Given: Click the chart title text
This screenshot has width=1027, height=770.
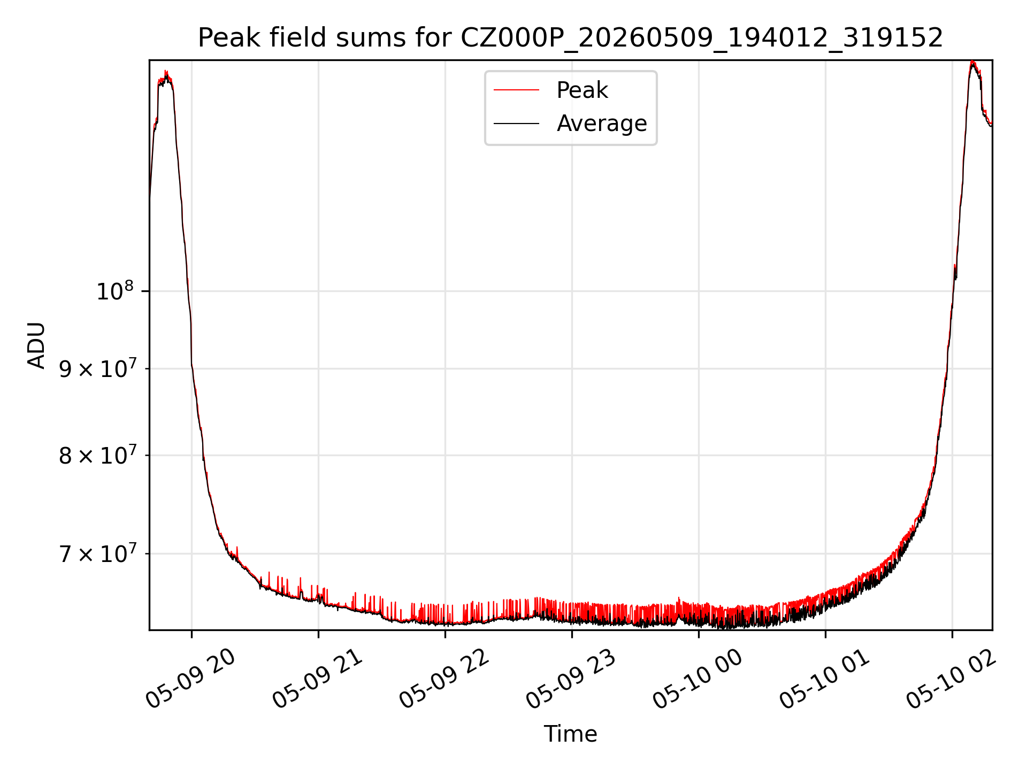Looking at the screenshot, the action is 570,38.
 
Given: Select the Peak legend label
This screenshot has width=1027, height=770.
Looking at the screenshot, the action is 582,90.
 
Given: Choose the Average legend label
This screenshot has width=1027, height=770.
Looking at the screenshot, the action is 602,124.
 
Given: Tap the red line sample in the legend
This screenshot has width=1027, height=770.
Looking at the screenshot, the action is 516,90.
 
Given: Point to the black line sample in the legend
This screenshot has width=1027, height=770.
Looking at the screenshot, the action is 516,124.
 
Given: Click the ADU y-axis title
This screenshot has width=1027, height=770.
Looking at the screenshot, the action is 36,345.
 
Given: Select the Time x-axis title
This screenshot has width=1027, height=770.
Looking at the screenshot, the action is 570,734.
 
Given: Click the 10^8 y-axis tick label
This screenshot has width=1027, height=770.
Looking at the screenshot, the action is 114,291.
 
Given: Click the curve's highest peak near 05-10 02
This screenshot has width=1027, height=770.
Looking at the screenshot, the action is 972,61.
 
